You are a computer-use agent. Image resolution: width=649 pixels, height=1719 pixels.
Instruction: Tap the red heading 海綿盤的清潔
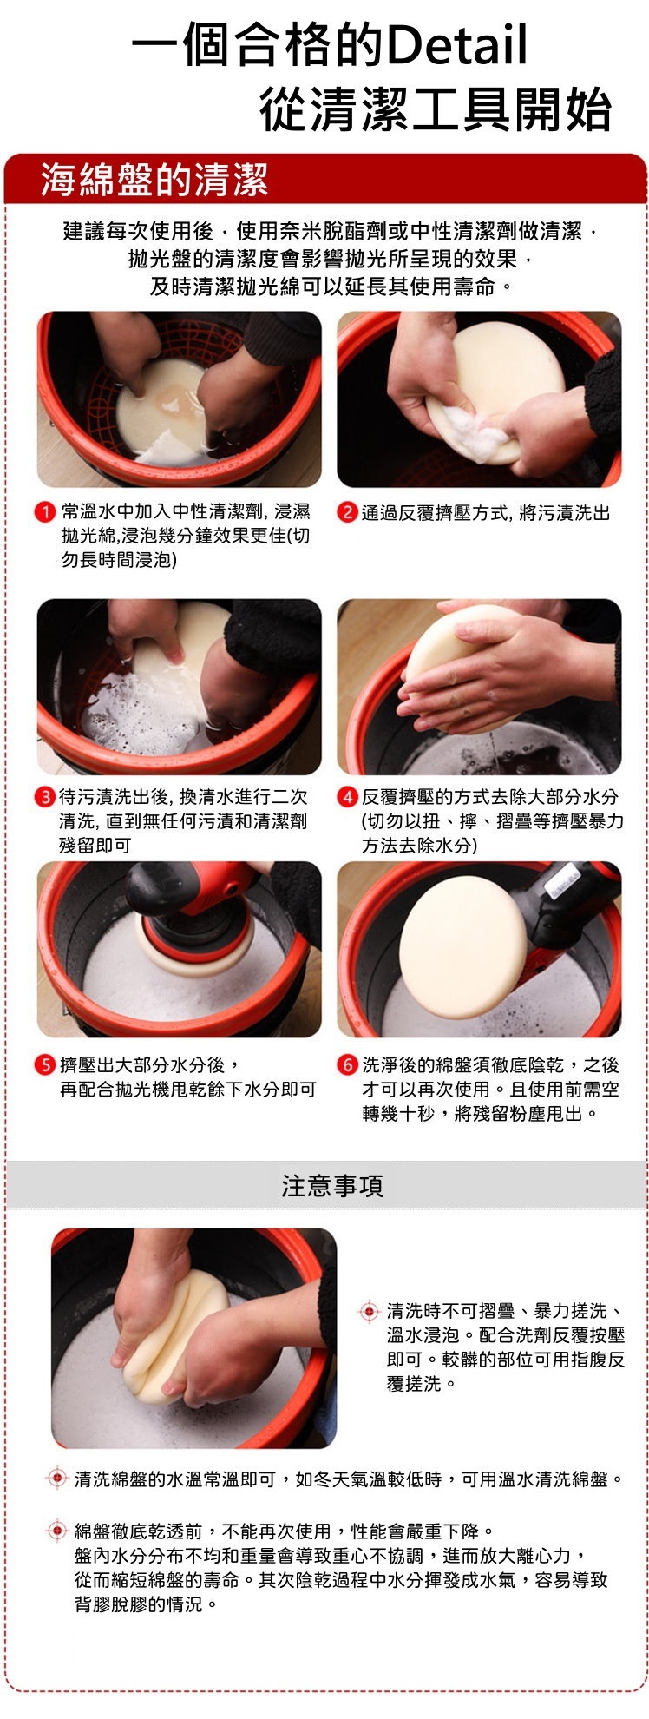(x=154, y=180)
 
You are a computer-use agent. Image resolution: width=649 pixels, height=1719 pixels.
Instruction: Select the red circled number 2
(x=347, y=512)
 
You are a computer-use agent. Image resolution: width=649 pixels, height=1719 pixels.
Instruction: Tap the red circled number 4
(x=347, y=796)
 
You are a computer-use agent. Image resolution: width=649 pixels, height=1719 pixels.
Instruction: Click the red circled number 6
(x=347, y=1064)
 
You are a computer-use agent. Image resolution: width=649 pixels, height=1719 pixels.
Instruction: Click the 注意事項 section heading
(x=332, y=1185)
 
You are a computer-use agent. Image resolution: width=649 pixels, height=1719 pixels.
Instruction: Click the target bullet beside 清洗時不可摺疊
(x=369, y=1310)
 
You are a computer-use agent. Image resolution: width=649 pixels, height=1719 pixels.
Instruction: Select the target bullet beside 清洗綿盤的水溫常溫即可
(x=56, y=1478)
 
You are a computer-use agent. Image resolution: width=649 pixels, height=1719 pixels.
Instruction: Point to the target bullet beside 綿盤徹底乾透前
(x=56, y=1530)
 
